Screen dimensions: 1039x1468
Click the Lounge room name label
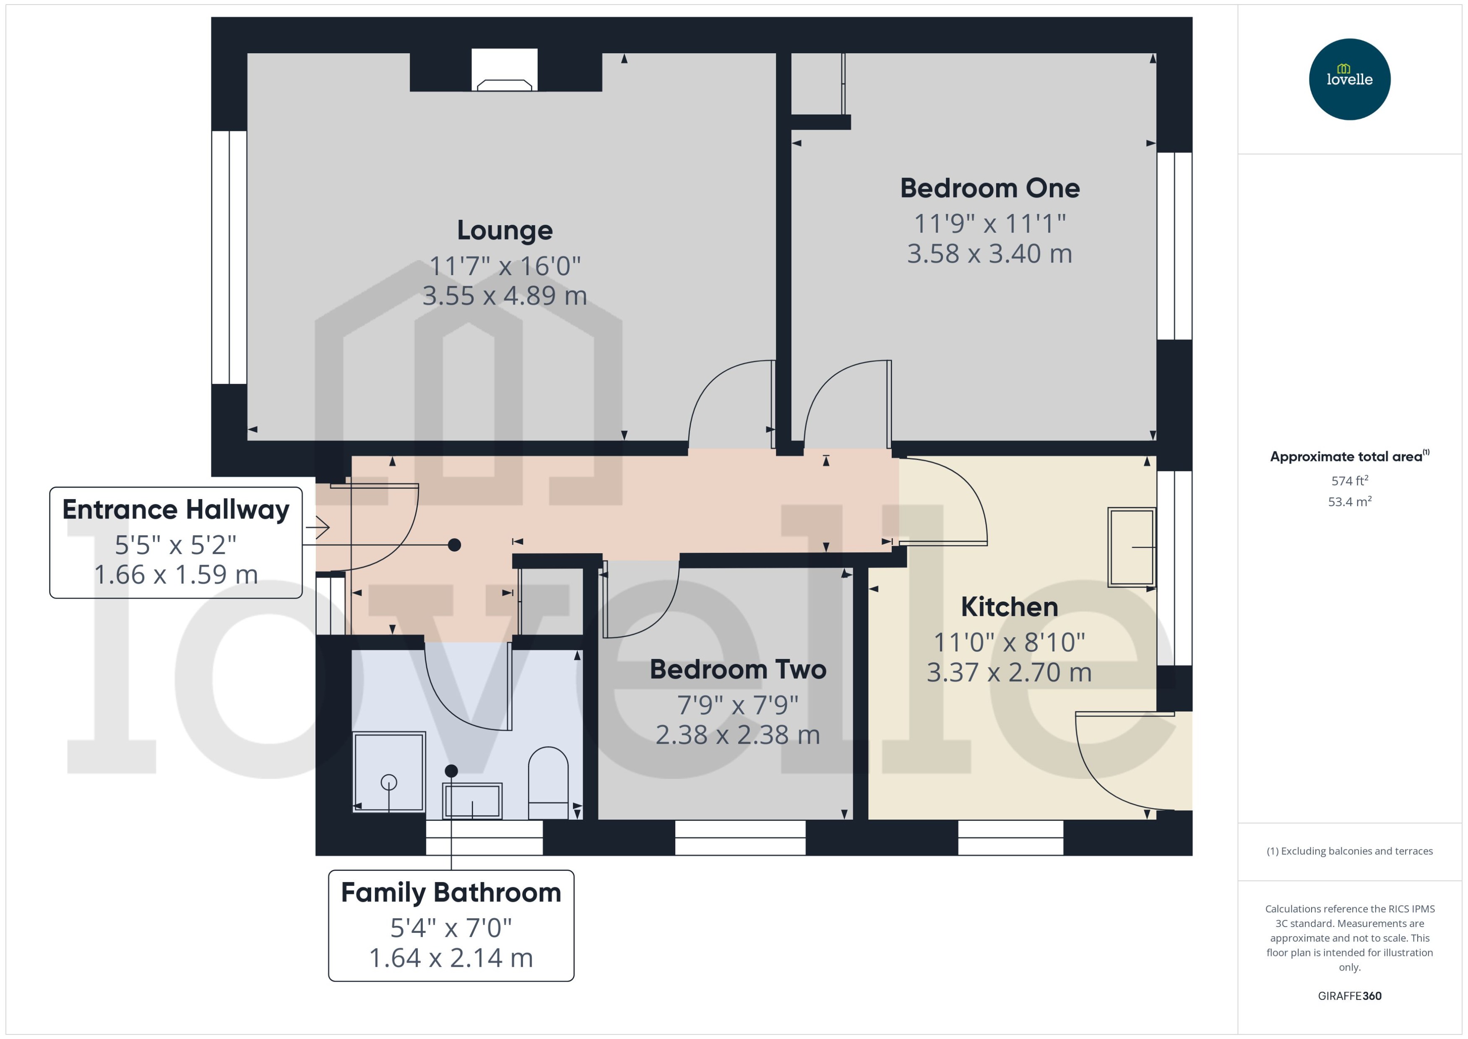505,230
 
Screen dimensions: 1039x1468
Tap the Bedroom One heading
989,188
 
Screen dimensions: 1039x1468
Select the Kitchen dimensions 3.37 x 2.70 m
1009,672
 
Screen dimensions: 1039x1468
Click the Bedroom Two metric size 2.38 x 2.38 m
737,734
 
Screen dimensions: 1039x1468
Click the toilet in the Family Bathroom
548,783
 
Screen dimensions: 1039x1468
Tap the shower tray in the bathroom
389,772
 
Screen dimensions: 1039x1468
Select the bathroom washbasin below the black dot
473,800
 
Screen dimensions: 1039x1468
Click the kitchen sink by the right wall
1132,547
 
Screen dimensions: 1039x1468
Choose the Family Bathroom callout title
451,893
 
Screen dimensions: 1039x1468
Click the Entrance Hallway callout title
176,510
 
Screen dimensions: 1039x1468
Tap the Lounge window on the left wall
229,257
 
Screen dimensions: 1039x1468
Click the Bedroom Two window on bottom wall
740,838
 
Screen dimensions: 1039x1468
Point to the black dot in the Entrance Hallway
454,545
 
